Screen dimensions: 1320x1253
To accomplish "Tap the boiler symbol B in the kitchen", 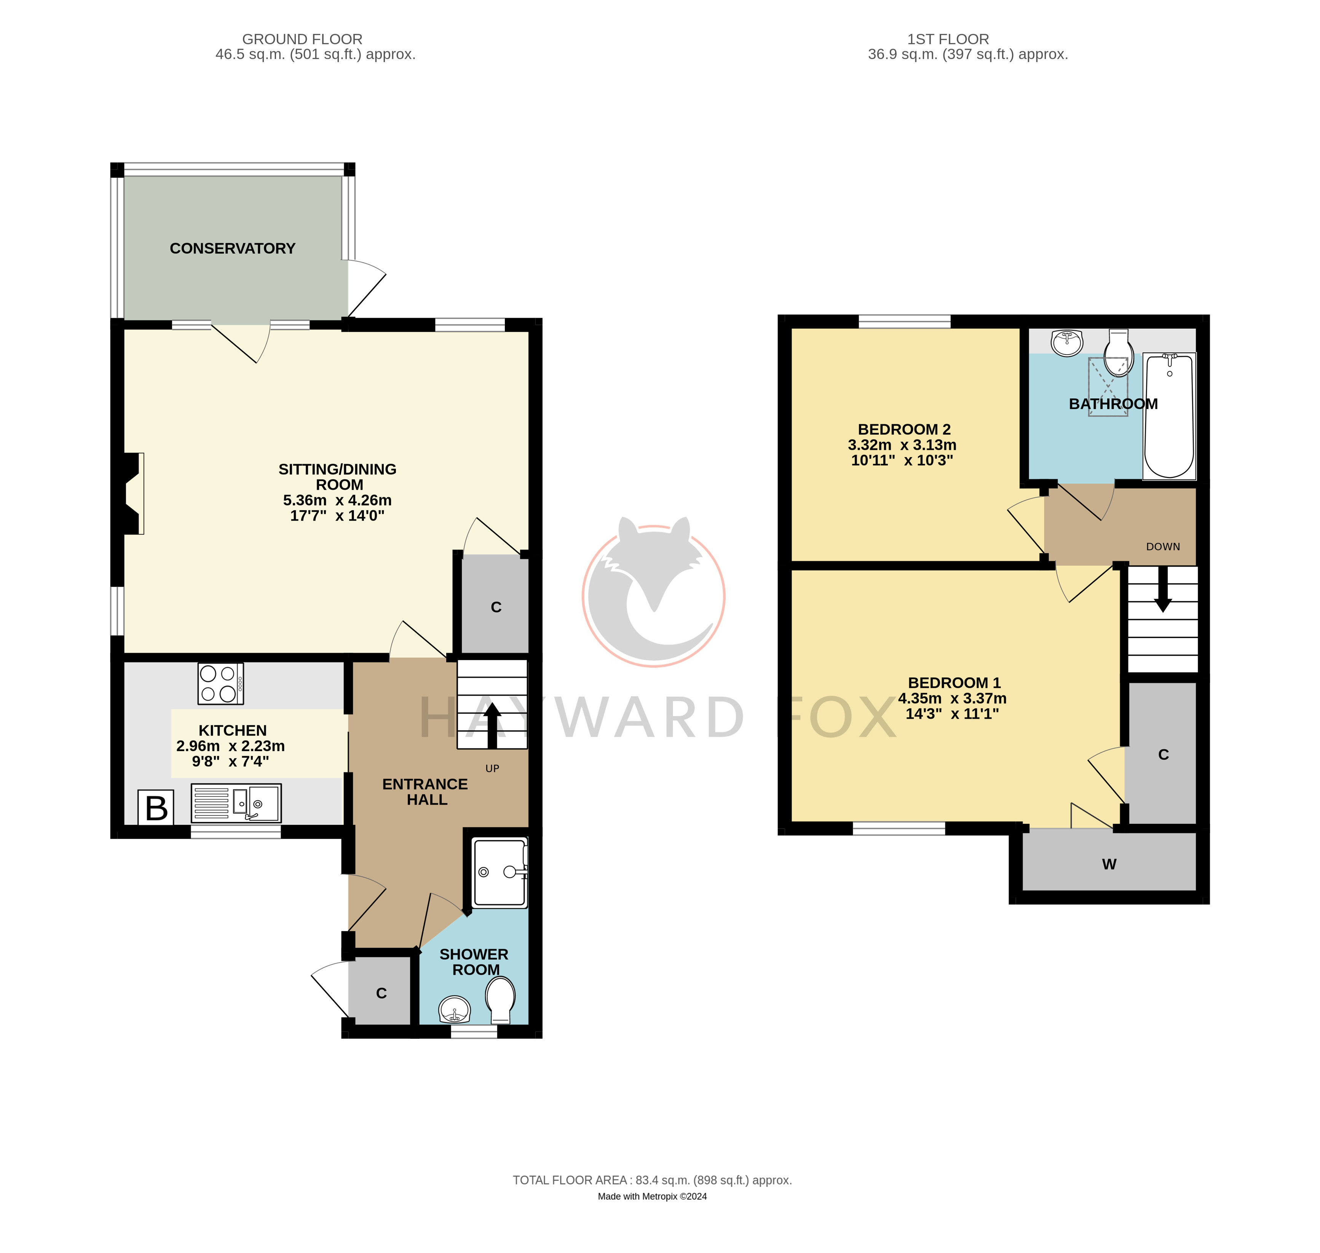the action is pyautogui.click(x=156, y=807).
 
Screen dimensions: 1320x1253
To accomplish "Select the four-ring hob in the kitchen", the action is pyautogui.click(x=220, y=683).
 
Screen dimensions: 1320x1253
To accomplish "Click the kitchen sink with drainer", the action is pyautogui.click(x=236, y=803).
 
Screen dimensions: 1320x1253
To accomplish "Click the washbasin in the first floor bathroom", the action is pyautogui.click(x=1067, y=342).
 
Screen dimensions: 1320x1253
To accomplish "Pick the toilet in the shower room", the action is pyautogui.click(x=500, y=999).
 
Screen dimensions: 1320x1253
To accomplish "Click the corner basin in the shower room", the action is pyautogui.click(x=455, y=1009).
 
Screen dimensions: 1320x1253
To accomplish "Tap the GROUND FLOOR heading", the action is pyautogui.click(x=302, y=40).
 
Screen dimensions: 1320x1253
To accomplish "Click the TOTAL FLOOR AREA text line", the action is pyautogui.click(x=652, y=1180).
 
